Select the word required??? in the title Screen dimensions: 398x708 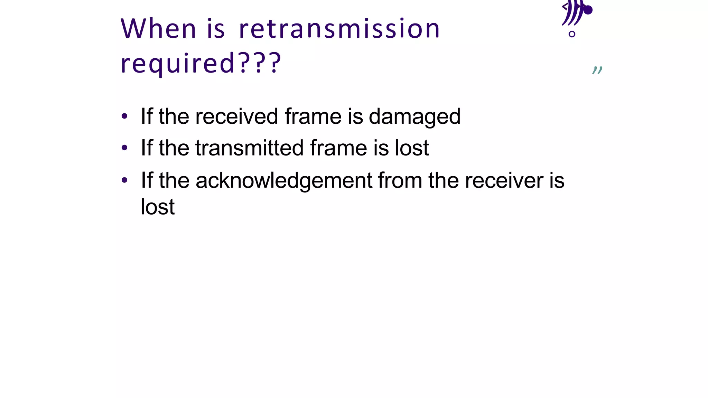[201, 64]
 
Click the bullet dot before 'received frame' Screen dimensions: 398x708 [124, 116]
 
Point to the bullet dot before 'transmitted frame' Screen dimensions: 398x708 [124, 148]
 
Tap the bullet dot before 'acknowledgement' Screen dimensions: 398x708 [124, 180]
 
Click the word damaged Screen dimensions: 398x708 [414, 117]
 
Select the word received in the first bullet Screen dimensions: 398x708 [236, 116]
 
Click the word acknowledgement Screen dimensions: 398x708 [284, 181]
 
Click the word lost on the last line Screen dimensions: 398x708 [158, 207]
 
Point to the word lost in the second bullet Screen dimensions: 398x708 [412, 148]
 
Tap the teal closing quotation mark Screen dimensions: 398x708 [597, 70]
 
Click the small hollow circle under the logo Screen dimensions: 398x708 [572, 34]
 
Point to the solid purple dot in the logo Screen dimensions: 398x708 [587, 10]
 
